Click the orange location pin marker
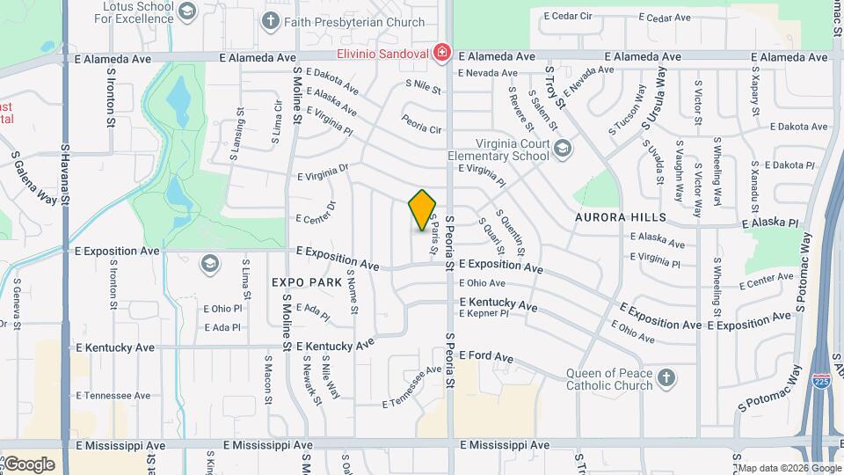423,210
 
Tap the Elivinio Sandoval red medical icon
441,54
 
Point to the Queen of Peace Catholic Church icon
666,378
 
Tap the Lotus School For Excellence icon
186,11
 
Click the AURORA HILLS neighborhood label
621,216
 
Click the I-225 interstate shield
821,381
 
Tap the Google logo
28,464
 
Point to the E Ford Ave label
486,357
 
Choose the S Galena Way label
33,177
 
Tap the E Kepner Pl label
484,313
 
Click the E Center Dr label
316,212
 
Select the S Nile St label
423,86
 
